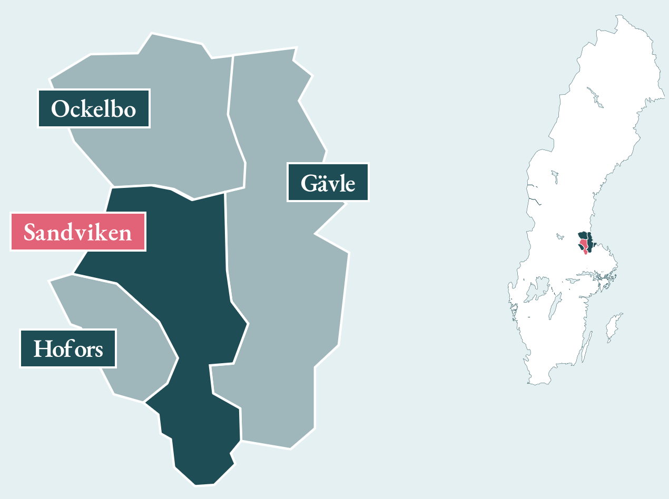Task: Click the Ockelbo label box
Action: click(x=94, y=108)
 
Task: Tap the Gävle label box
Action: click(x=328, y=182)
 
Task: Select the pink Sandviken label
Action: click(x=78, y=232)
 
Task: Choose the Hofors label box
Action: click(x=68, y=348)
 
